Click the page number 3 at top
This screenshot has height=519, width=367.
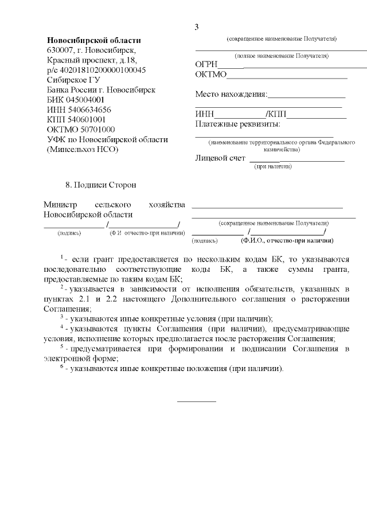pos(197,27)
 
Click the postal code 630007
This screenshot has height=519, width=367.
pos(61,50)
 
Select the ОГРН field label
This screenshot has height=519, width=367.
pos(208,64)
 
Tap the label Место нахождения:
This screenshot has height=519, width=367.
pos(231,94)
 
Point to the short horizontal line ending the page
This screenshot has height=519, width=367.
pos(197,401)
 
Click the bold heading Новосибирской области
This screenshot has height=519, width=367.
pos(93,40)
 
